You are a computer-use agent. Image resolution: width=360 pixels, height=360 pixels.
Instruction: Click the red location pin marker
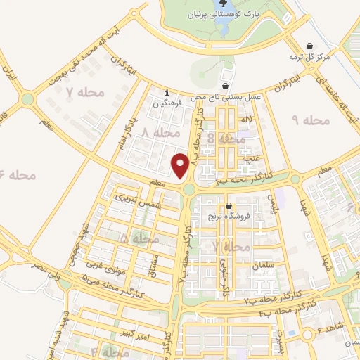click(180, 166)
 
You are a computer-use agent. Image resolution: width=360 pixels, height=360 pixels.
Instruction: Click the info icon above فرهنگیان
click(166, 92)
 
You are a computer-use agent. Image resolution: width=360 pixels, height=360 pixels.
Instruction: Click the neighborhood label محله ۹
click(310, 120)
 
